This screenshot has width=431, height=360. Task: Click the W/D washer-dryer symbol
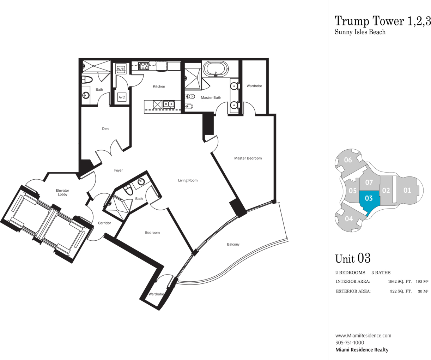(x=121, y=68)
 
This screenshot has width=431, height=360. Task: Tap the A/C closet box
(x=122, y=97)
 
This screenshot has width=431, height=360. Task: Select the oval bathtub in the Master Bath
(x=216, y=69)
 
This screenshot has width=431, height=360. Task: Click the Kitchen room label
(x=159, y=86)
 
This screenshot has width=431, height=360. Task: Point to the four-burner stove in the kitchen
(x=144, y=66)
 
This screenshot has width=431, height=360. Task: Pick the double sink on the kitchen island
(x=169, y=104)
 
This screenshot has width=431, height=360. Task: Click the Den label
(x=105, y=129)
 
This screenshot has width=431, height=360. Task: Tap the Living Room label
(x=188, y=180)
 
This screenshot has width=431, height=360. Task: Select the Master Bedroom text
(x=248, y=158)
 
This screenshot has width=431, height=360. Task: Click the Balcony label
(x=233, y=244)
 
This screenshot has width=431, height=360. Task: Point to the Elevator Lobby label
(x=62, y=192)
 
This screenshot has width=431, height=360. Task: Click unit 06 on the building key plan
(x=348, y=160)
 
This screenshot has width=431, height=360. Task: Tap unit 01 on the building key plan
(x=407, y=190)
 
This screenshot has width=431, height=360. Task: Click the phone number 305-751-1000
(x=350, y=343)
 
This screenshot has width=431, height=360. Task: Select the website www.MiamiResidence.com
(x=363, y=336)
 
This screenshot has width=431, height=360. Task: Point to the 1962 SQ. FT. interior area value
(x=400, y=282)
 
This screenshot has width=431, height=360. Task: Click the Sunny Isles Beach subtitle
(x=360, y=32)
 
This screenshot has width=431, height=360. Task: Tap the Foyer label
(x=119, y=170)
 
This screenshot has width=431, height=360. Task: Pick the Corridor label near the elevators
(x=104, y=223)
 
